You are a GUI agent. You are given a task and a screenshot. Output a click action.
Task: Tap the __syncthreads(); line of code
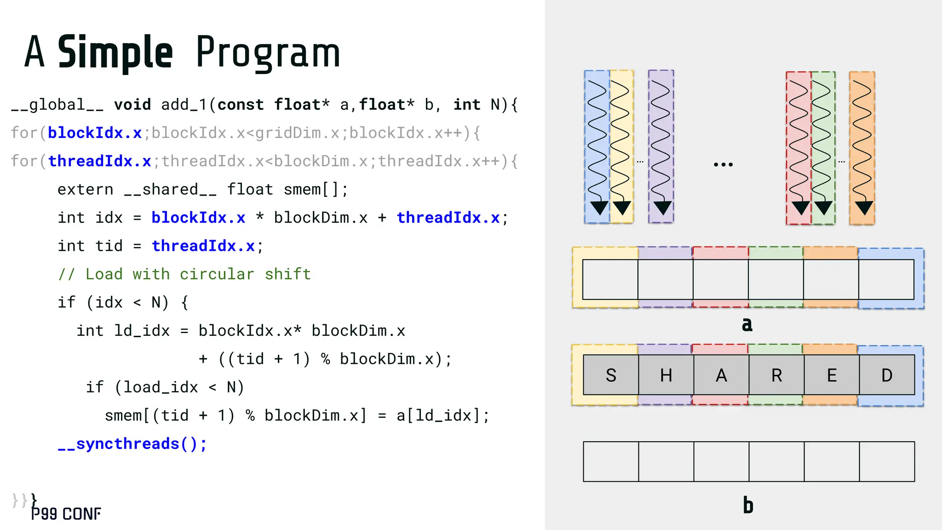[132, 444]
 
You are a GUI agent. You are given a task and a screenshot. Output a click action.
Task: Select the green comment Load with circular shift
[184, 274]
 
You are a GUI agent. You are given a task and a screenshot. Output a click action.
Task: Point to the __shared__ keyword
[170, 190]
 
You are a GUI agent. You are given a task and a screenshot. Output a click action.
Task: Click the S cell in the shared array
[611, 375]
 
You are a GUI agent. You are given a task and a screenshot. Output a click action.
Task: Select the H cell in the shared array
[666, 375]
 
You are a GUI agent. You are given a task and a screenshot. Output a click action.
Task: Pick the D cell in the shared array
[887, 375]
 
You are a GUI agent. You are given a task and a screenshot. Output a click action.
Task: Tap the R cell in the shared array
[776, 375]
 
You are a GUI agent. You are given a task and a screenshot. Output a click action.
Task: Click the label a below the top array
[747, 324]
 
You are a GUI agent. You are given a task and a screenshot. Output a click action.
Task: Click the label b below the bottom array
[748, 505]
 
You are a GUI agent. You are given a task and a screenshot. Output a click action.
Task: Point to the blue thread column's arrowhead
[599, 208]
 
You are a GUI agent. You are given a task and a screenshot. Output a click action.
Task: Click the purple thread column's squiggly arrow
[661, 138]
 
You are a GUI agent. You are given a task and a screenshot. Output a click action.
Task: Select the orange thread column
[862, 147]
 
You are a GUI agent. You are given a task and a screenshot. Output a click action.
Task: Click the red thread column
[798, 147]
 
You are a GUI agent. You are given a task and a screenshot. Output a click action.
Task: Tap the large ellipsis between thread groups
[723, 164]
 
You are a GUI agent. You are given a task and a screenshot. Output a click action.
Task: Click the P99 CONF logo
[66, 514]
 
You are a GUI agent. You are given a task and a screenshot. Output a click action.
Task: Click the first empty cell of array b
[611, 461]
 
